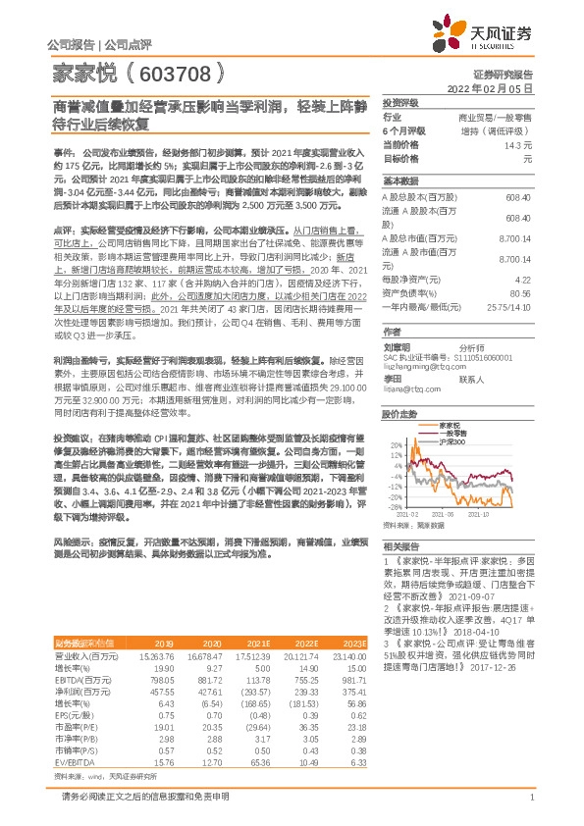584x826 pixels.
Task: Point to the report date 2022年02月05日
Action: click(501, 87)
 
